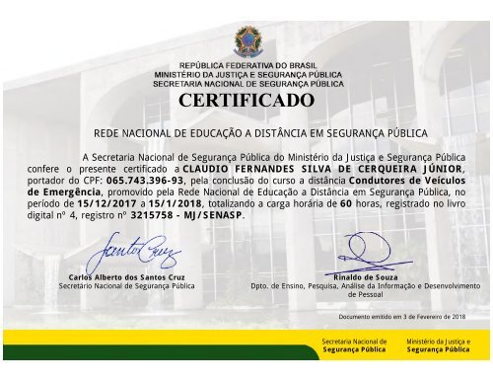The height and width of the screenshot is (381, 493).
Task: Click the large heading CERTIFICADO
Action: coord(246,103)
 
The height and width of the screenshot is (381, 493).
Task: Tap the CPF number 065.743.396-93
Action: coord(145,182)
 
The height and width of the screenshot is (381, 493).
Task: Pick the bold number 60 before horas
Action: coord(345,203)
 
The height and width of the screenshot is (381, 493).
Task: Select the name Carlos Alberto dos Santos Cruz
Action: coord(121,277)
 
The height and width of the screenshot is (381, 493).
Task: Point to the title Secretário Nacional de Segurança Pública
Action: coord(125,286)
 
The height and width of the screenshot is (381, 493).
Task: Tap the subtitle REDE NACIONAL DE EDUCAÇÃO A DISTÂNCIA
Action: coord(246,131)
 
